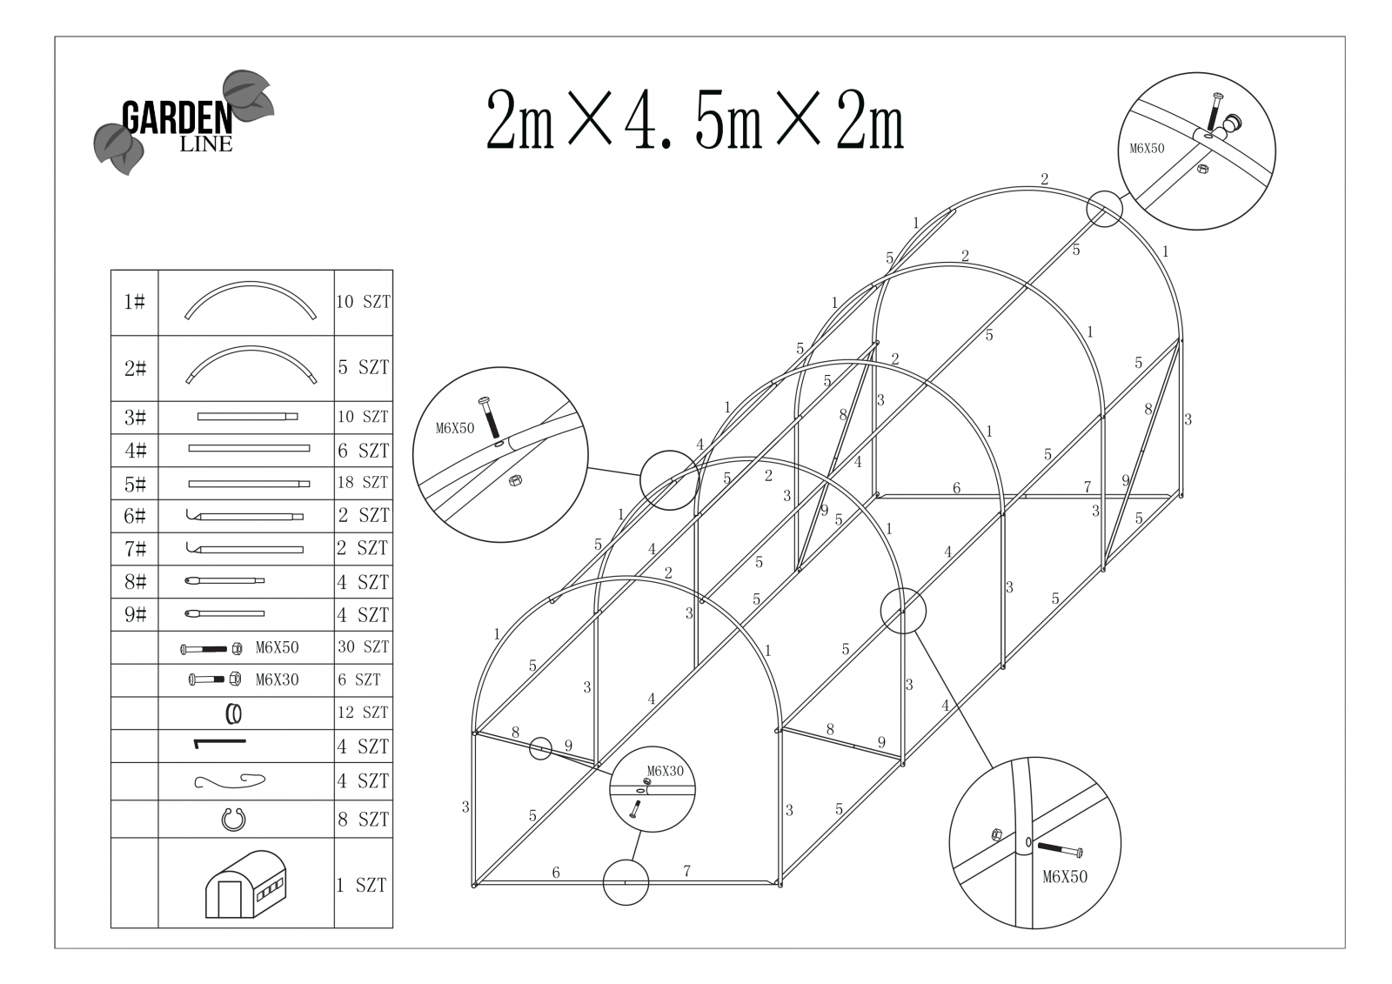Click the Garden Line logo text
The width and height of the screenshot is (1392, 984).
[177, 126]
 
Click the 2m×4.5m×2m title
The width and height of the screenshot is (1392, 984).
[695, 120]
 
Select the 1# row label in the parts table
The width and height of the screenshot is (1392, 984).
[134, 302]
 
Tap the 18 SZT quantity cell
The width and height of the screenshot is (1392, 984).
[363, 482]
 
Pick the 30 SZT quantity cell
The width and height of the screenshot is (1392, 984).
[363, 647]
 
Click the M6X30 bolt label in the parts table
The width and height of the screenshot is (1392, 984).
[278, 680]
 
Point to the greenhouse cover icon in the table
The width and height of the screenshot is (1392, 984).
[246, 884]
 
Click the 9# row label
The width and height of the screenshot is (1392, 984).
[135, 615]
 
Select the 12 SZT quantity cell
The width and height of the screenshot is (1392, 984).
[363, 713]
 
